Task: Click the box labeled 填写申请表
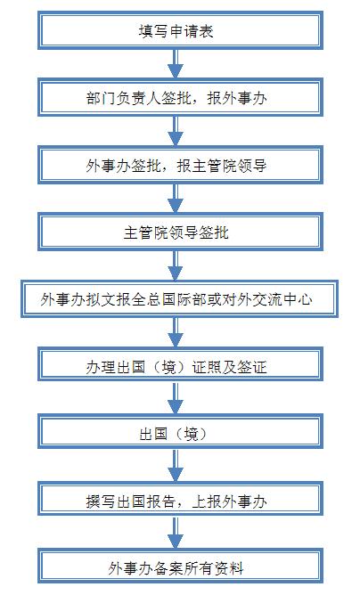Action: [x=180, y=30]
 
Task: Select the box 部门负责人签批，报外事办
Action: [x=180, y=97]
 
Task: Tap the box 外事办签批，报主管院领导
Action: [x=180, y=165]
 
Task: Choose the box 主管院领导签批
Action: [x=180, y=232]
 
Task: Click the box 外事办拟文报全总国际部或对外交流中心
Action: [x=179, y=299]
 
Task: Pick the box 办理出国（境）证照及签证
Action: [x=180, y=366]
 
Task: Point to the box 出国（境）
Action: [x=180, y=433]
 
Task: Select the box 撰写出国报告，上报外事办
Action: [x=180, y=501]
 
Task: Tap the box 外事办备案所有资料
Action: [x=180, y=567]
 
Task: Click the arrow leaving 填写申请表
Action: [x=176, y=64]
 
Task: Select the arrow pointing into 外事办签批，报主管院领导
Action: [x=176, y=131]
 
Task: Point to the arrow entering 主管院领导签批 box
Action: [x=176, y=199]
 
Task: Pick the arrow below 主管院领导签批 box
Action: [x=176, y=265]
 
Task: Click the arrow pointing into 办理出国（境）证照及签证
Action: [x=176, y=332]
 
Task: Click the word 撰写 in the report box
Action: [x=101, y=501]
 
